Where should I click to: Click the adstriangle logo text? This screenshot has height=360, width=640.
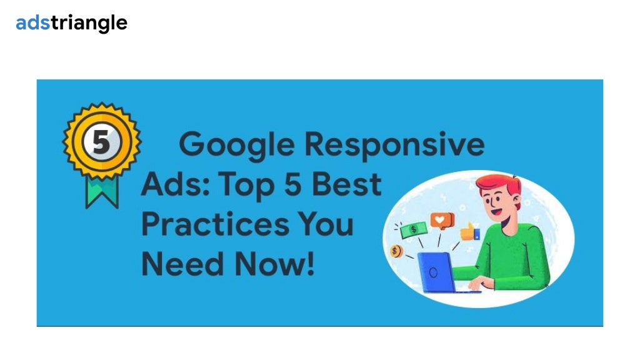(71, 23)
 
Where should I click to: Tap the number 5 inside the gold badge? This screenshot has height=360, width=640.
(101, 142)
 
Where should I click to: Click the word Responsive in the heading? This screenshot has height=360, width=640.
(394, 145)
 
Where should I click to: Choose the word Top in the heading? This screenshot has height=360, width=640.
(240, 184)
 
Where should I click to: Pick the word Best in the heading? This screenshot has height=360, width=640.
(347, 184)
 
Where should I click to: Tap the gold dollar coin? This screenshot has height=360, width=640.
(395, 251)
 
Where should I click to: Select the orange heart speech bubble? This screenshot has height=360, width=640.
(442, 221)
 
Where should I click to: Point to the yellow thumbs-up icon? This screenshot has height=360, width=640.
(469, 232)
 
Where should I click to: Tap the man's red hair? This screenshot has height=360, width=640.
(498, 185)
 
